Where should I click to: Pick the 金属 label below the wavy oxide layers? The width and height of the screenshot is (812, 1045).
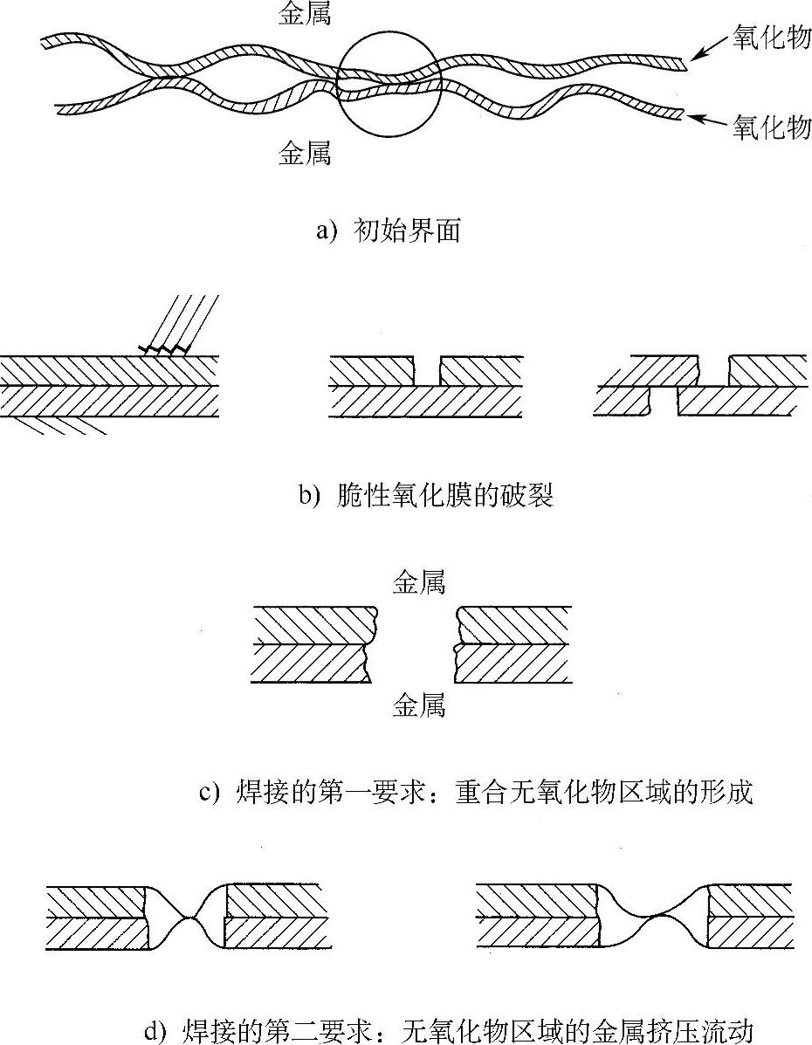(306, 154)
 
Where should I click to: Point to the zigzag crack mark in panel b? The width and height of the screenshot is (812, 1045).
(166, 350)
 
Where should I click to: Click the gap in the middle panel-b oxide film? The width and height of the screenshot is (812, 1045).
(427, 370)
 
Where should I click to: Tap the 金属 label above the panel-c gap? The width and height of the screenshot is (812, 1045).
(419, 582)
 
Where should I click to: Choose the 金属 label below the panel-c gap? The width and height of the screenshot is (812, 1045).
(419, 705)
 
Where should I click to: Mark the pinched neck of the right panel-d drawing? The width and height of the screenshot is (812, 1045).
(653, 916)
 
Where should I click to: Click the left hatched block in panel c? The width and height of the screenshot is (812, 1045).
(310, 644)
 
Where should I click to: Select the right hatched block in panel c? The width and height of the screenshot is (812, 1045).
(513, 644)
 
